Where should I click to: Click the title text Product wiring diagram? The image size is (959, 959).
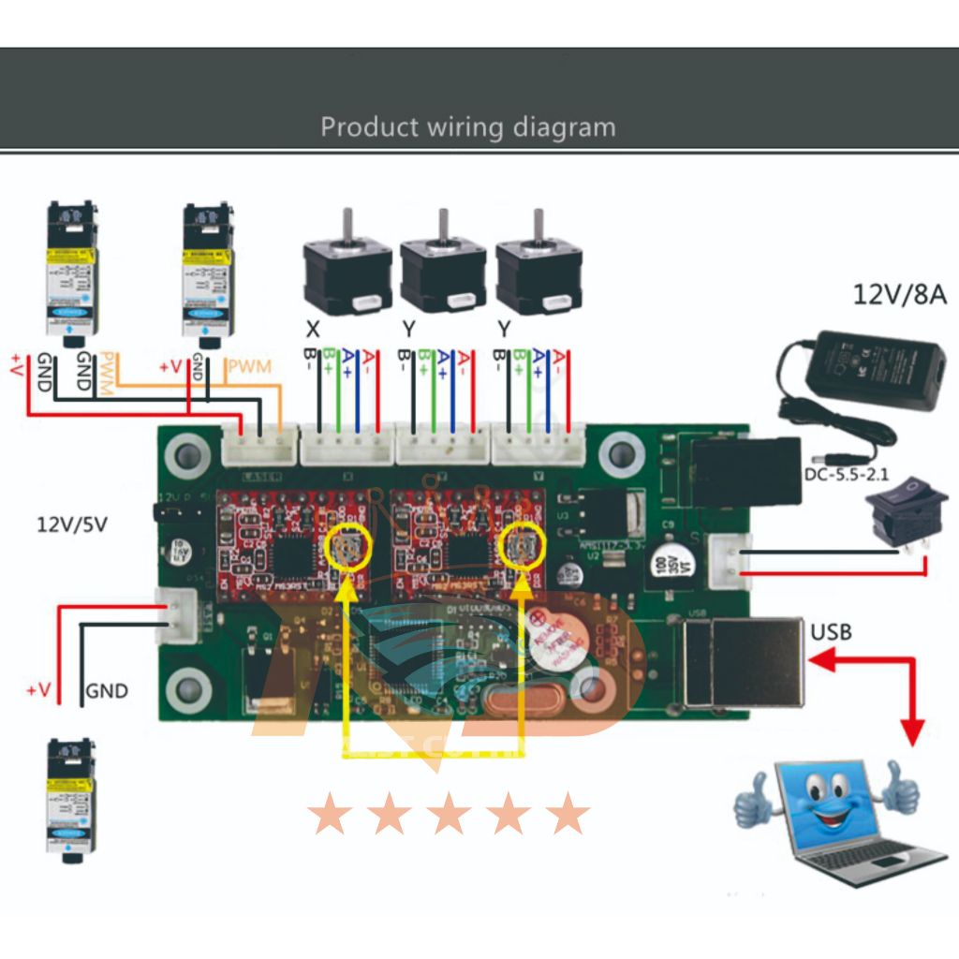pyautogui.click(x=468, y=126)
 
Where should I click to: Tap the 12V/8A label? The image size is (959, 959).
pyautogui.click(x=899, y=295)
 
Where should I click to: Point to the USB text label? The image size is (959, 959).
pyautogui.click(x=832, y=632)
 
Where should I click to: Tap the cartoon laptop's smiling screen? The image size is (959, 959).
pyautogui.click(x=830, y=796)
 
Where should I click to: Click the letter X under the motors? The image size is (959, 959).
pyautogui.click(x=312, y=329)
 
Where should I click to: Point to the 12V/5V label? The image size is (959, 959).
pyautogui.click(x=72, y=524)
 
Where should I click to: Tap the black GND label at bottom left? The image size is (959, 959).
pyautogui.click(x=107, y=692)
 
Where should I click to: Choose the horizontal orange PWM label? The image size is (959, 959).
pyautogui.click(x=249, y=366)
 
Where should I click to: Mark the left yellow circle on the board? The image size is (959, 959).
pyautogui.click(x=346, y=548)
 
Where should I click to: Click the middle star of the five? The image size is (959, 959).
pyautogui.click(x=450, y=813)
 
